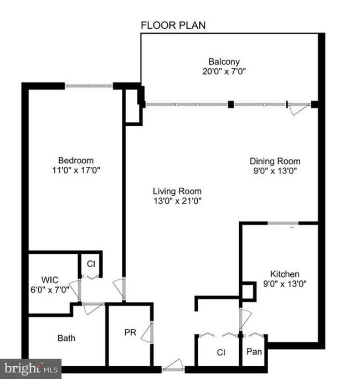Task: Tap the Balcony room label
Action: pos(224,62)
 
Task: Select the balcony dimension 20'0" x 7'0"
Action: pos(224,71)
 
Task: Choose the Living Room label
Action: pos(177,191)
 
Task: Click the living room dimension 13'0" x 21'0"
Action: pos(177,201)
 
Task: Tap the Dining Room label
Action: pos(275,161)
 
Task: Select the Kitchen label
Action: pos(285,274)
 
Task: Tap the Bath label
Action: pos(66,337)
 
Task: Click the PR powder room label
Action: pos(130,332)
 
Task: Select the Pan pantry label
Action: pos(254,351)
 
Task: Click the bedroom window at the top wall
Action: pos(89,86)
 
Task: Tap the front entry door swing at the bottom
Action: pos(173,365)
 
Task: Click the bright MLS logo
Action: pos(30,368)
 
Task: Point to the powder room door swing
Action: pos(148,332)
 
